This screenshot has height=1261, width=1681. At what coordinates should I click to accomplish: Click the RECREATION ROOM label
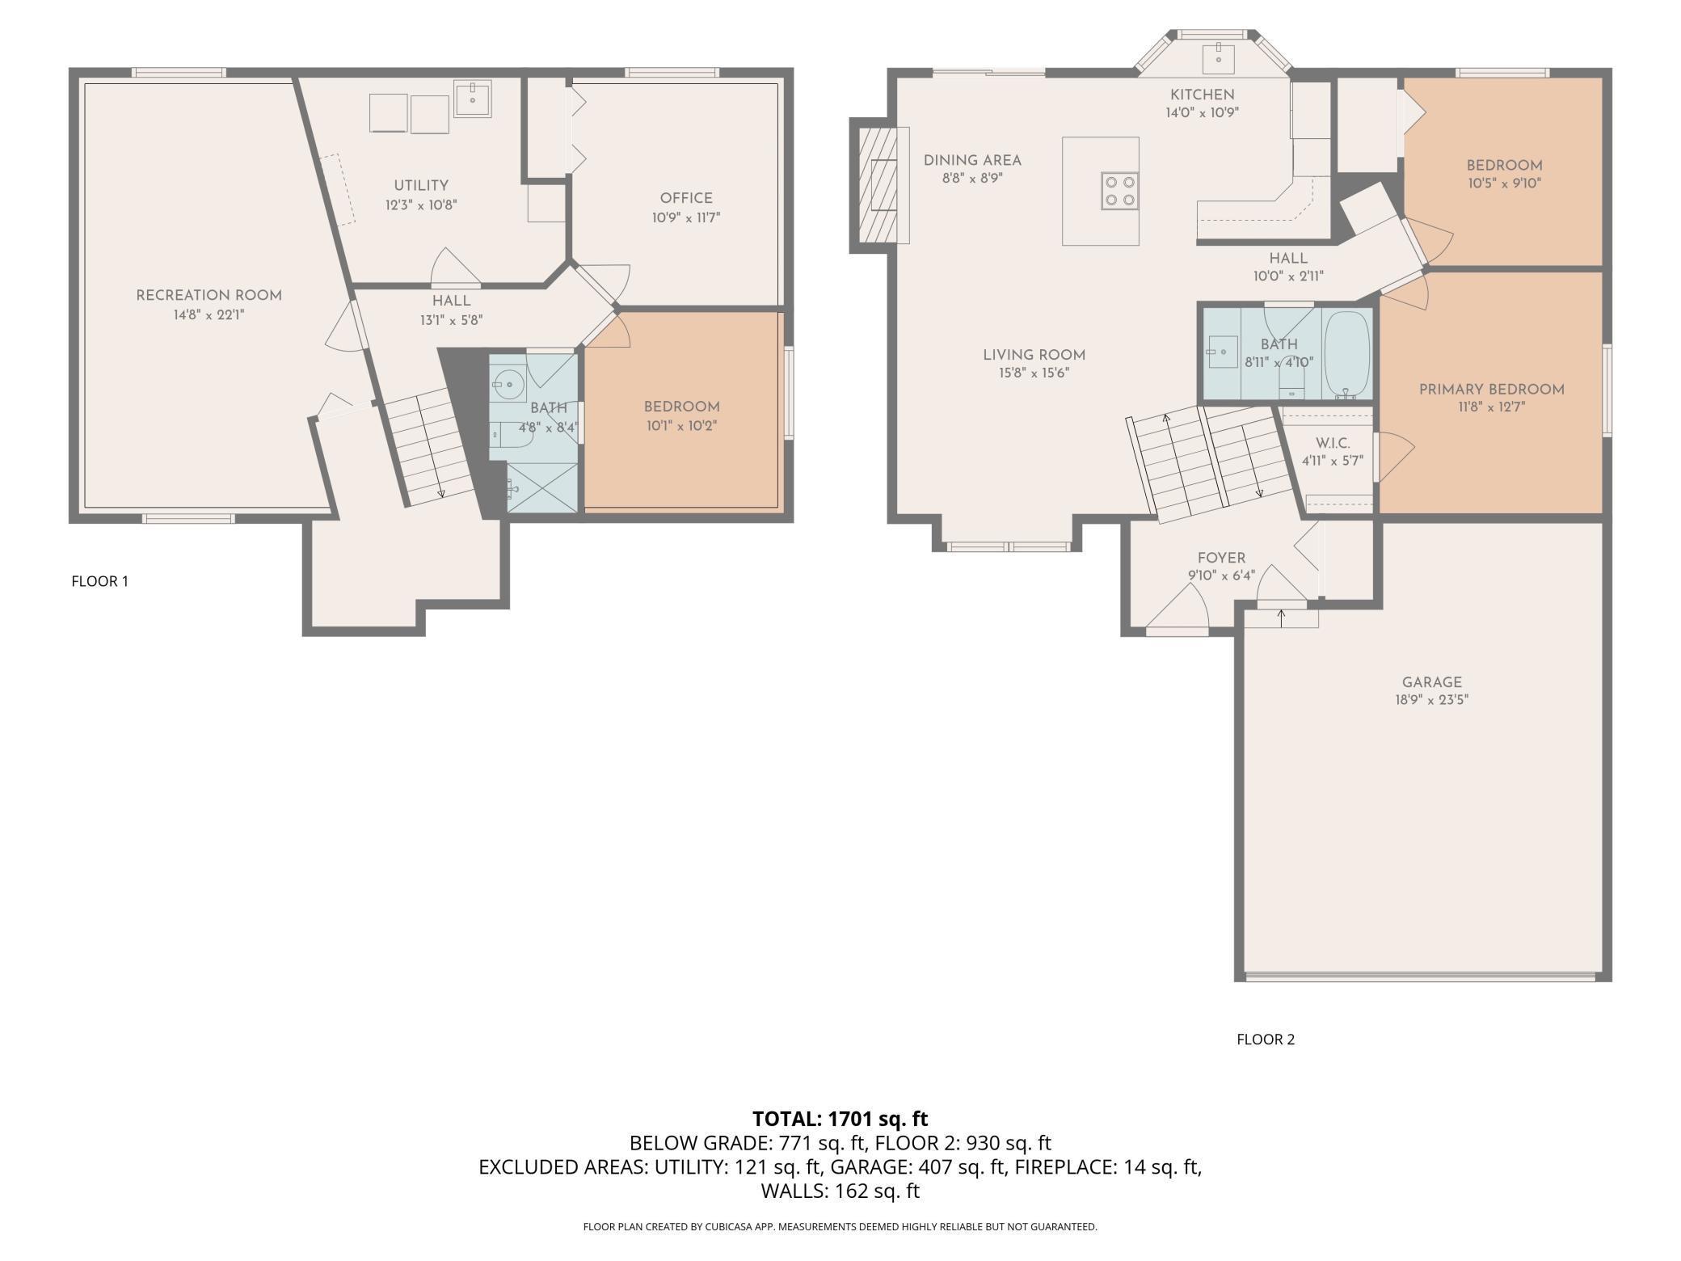[x=209, y=296]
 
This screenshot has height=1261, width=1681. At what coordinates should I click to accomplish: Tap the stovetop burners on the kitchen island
[x=1119, y=191]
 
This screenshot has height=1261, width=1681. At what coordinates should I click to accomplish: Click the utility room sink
[x=472, y=99]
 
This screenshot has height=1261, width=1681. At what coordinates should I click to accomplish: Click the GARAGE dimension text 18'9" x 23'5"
[x=1431, y=700]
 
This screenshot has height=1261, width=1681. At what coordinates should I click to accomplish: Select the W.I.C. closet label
[x=1332, y=444]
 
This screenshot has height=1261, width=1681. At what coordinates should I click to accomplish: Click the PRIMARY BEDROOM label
[x=1491, y=390]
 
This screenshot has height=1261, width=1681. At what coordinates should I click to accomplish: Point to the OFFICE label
[x=686, y=198]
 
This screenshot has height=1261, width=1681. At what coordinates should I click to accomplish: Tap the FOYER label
[x=1221, y=558]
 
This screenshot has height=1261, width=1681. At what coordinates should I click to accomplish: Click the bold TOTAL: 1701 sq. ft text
[x=840, y=1119]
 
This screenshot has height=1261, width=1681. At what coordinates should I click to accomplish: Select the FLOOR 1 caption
[x=100, y=581]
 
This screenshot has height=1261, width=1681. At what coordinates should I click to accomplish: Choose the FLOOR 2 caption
[x=1266, y=1040]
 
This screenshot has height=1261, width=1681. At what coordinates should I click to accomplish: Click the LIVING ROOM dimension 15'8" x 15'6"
[x=1034, y=373]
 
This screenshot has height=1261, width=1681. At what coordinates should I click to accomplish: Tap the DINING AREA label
[x=972, y=161]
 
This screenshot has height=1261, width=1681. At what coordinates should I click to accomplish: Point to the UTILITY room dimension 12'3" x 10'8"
[x=421, y=205]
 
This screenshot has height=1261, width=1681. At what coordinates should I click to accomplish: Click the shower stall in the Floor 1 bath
[x=542, y=487]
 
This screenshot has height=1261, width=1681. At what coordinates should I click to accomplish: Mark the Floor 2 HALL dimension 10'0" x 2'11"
[x=1288, y=276]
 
